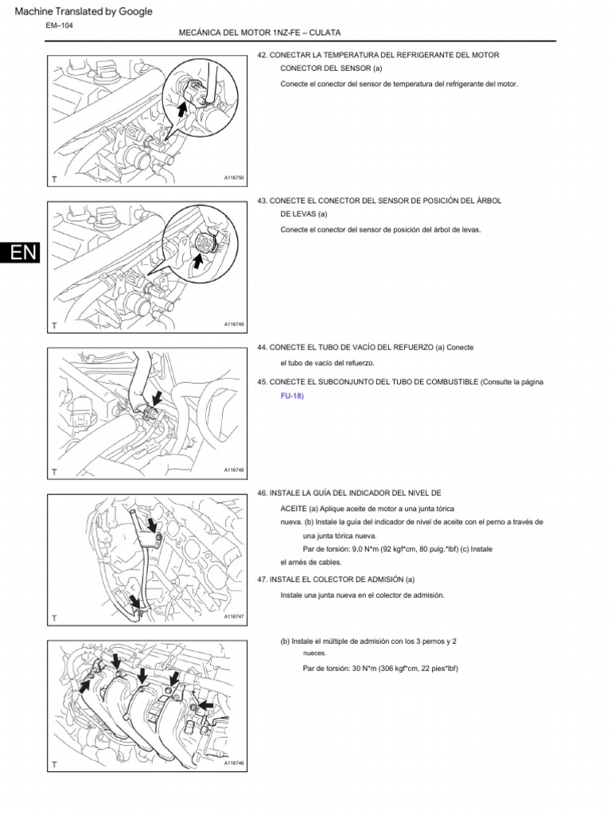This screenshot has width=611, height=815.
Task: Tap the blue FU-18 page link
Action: pos(292,396)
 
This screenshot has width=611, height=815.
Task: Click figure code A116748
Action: pos(234,470)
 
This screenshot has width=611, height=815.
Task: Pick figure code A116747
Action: pos(234,616)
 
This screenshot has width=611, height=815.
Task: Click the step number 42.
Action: pos(262,55)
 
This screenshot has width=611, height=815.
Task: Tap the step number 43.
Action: pos(262,201)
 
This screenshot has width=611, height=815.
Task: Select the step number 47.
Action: pos(262,579)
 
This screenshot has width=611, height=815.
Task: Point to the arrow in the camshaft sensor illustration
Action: pos(197,259)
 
